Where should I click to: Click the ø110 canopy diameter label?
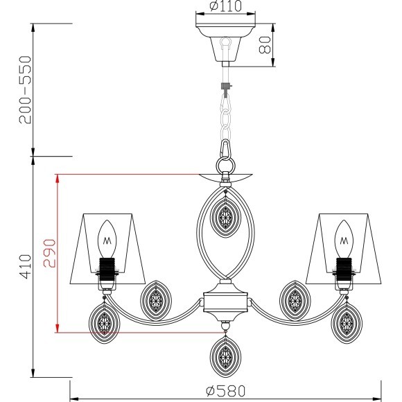(x=225, y=6)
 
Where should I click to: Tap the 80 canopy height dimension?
(x=265, y=45)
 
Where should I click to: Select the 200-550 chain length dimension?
(x=25, y=89)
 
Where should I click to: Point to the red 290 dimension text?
(x=49, y=253)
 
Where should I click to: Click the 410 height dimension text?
(x=26, y=266)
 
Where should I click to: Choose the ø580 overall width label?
(x=226, y=391)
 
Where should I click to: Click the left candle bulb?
(x=107, y=239)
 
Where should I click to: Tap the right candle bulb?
(x=344, y=239)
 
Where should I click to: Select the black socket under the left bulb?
(x=107, y=269)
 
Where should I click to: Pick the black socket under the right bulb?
(x=344, y=269)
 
